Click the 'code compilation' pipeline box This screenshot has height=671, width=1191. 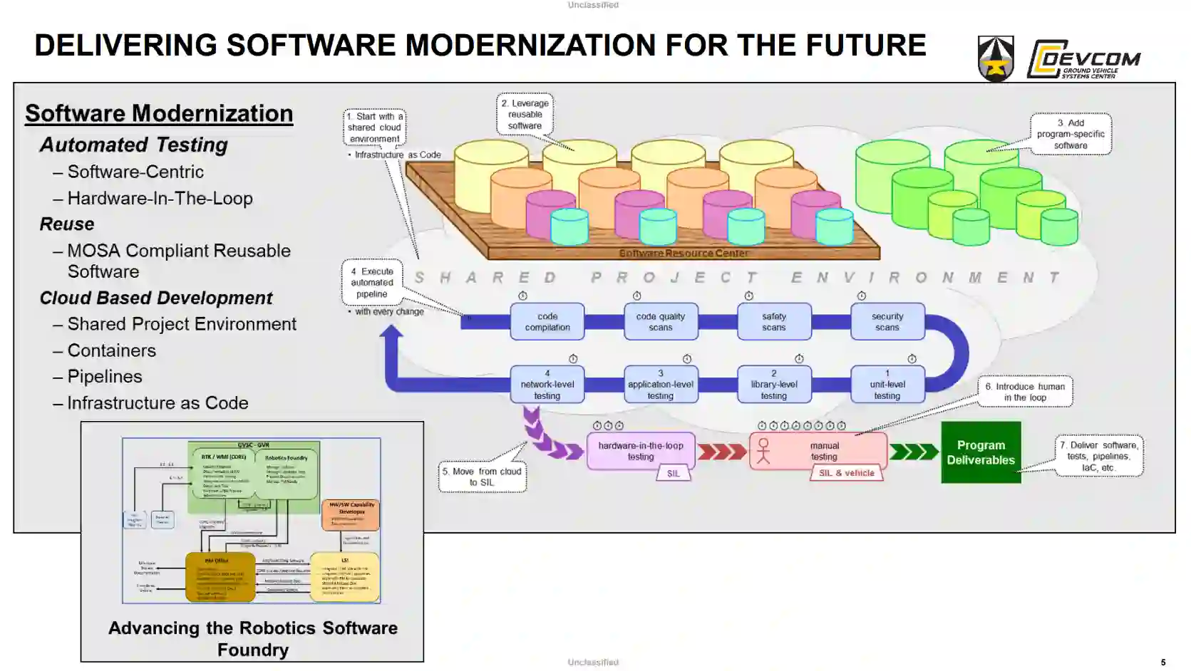(547, 322)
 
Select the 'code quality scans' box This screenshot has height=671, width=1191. (661, 322)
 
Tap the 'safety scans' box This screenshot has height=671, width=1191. (774, 322)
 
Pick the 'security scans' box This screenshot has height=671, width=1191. (887, 322)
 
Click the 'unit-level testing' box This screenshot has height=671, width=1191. (887, 385)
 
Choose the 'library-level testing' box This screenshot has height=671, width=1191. (774, 385)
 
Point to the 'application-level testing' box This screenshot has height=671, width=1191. (661, 385)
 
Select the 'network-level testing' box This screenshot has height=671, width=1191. (547, 385)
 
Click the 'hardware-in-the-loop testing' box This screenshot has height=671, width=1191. (641, 451)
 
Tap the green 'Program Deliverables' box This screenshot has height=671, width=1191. (981, 452)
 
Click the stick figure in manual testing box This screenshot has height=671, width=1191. (763, 451)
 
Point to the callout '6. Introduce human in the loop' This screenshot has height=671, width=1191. (1025, 392)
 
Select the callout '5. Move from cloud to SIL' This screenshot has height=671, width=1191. (483, 477)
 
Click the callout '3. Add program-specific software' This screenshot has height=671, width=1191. (1071, 134)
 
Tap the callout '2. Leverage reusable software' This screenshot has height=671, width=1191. (525, 115)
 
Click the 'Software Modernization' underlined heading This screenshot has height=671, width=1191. (159, 114)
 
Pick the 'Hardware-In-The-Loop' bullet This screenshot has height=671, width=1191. (160, 199)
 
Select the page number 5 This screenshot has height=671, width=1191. (1163, 662)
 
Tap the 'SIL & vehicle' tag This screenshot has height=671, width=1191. (847, 473)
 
